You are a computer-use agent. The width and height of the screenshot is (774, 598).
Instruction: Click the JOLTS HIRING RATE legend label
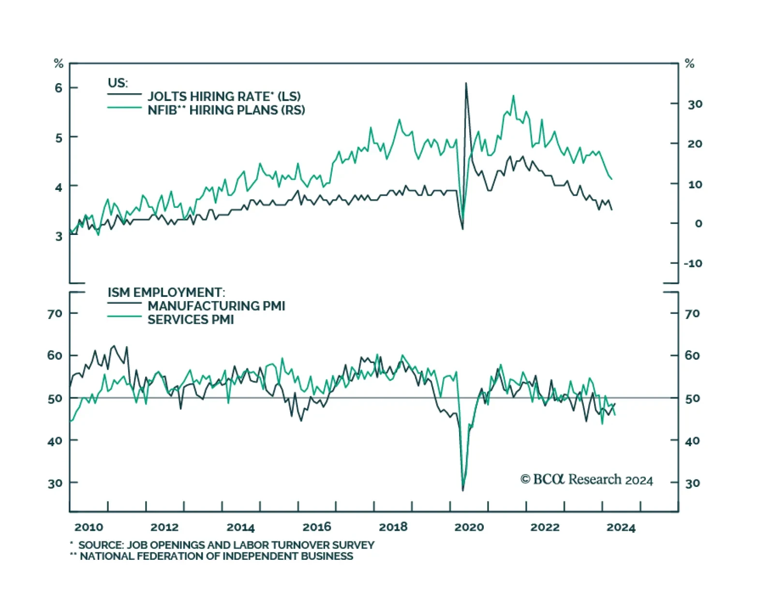coord(224,96)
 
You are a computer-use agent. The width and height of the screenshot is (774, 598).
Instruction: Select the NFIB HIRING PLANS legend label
coord(226,110)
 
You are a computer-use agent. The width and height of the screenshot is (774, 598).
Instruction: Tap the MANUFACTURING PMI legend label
coord(216,306)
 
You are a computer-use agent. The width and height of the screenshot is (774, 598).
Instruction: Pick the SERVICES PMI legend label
coord(191,320)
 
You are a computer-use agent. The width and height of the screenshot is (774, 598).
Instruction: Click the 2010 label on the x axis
coord(89,527)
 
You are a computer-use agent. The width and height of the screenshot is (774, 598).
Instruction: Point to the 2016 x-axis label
coord(317,527)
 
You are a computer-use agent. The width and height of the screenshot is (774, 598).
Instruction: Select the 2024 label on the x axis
coord(621,527)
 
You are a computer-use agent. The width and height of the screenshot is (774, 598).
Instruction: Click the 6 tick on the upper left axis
coord(59,88)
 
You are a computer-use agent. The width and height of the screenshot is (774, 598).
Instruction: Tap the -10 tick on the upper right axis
coord(693,263)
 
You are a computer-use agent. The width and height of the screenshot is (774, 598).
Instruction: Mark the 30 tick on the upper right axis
coord(695,104)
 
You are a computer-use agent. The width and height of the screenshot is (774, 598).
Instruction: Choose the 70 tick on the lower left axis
coord(55,314)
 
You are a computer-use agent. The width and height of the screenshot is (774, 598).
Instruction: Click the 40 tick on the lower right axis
coord(692,441)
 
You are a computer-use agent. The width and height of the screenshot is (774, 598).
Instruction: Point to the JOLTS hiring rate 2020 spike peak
coord(466,84)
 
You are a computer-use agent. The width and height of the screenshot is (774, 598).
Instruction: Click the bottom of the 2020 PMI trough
coord(463,489)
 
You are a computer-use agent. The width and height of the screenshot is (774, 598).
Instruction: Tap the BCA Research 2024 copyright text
coord(586,480)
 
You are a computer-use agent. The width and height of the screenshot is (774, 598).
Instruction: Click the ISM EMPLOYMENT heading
coord(166,292)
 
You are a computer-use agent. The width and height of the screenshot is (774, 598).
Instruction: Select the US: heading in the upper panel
coord(118,83)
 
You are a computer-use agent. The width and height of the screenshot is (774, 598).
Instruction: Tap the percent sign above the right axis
coord(689,63)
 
